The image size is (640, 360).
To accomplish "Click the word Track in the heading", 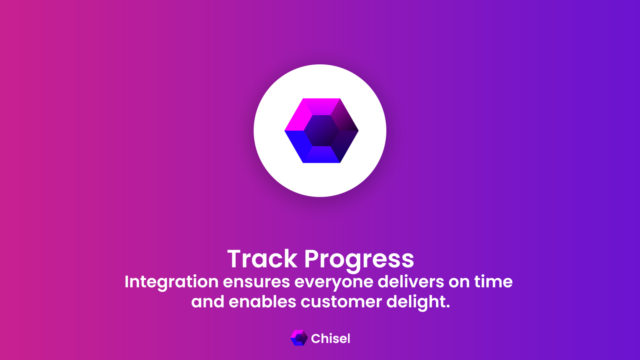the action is [262, 258].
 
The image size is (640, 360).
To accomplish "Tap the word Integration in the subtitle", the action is [172, 282].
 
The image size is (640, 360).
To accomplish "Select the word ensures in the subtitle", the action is [256, 282].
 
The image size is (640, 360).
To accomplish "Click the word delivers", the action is [411, 282].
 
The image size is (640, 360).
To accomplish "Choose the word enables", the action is [262, 302].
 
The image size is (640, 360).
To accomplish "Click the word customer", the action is [341, 302].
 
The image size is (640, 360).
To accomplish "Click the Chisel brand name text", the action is [330, 338].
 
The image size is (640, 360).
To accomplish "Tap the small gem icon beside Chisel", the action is [299, 338].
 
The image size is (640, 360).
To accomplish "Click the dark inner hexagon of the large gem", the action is [322, 130].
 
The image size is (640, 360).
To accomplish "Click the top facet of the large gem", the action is [322, 106].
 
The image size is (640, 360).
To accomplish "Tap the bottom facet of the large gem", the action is [322, 154].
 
